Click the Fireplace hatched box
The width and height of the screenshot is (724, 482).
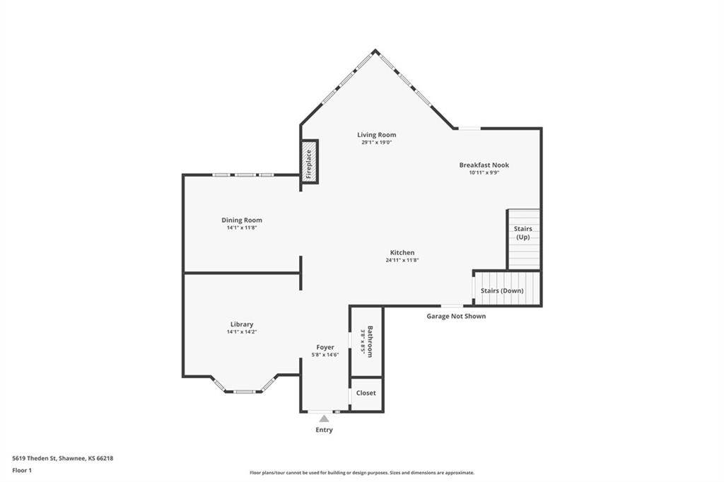tap(309, 162)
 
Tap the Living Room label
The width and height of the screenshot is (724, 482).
tap(376, 135)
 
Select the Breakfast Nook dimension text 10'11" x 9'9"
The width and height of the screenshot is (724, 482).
tap(484, 172)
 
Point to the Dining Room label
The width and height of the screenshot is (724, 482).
tap(242, 221)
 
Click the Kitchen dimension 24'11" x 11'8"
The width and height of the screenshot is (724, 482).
tap(402, 260)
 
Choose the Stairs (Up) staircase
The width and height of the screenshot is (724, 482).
tap(524, 239)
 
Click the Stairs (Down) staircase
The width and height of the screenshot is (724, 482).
tap(506, 288)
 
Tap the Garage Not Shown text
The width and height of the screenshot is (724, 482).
tap(456, 316)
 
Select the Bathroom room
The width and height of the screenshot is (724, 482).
tap(367, 341)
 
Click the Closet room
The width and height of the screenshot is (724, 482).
tap(366, 394)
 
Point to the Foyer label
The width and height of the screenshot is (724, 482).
tap(325, 347)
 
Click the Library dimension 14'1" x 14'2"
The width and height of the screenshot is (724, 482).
tap(242, 332)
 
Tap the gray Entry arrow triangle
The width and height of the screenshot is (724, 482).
tap(324, 418)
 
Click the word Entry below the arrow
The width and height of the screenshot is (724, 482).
tap(324, 430)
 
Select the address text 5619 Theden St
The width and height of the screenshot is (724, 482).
tap(34, 459)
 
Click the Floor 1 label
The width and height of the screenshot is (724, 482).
tap(22, 471)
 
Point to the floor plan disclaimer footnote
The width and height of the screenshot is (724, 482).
tap(362, 473)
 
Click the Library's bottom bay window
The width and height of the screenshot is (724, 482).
tap(244, 392)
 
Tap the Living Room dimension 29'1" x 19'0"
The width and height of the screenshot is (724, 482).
tap(376, 143)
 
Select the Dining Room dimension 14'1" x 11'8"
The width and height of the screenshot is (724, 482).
tap(242, 228)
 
